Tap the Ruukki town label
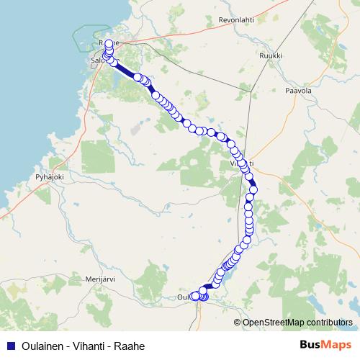pos(271,55)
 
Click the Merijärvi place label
pos(100,279)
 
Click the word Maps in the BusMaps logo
pos(337,345)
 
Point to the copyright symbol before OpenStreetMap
pos(238,322)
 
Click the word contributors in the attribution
pos(330,322)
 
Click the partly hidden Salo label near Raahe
pos(98,61)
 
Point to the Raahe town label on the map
pos(103,44)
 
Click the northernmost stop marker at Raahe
pos(109,44)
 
